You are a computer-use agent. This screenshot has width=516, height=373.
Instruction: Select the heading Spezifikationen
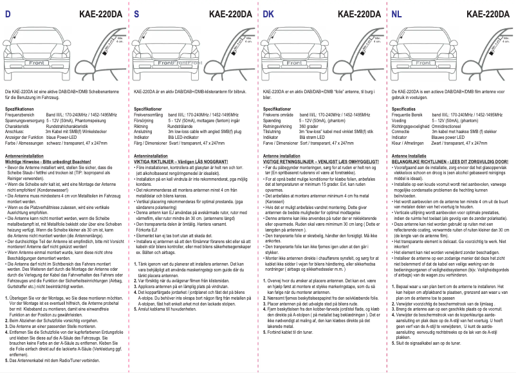click(19, 110)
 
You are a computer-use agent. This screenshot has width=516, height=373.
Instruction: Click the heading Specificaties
click(405, 110)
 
